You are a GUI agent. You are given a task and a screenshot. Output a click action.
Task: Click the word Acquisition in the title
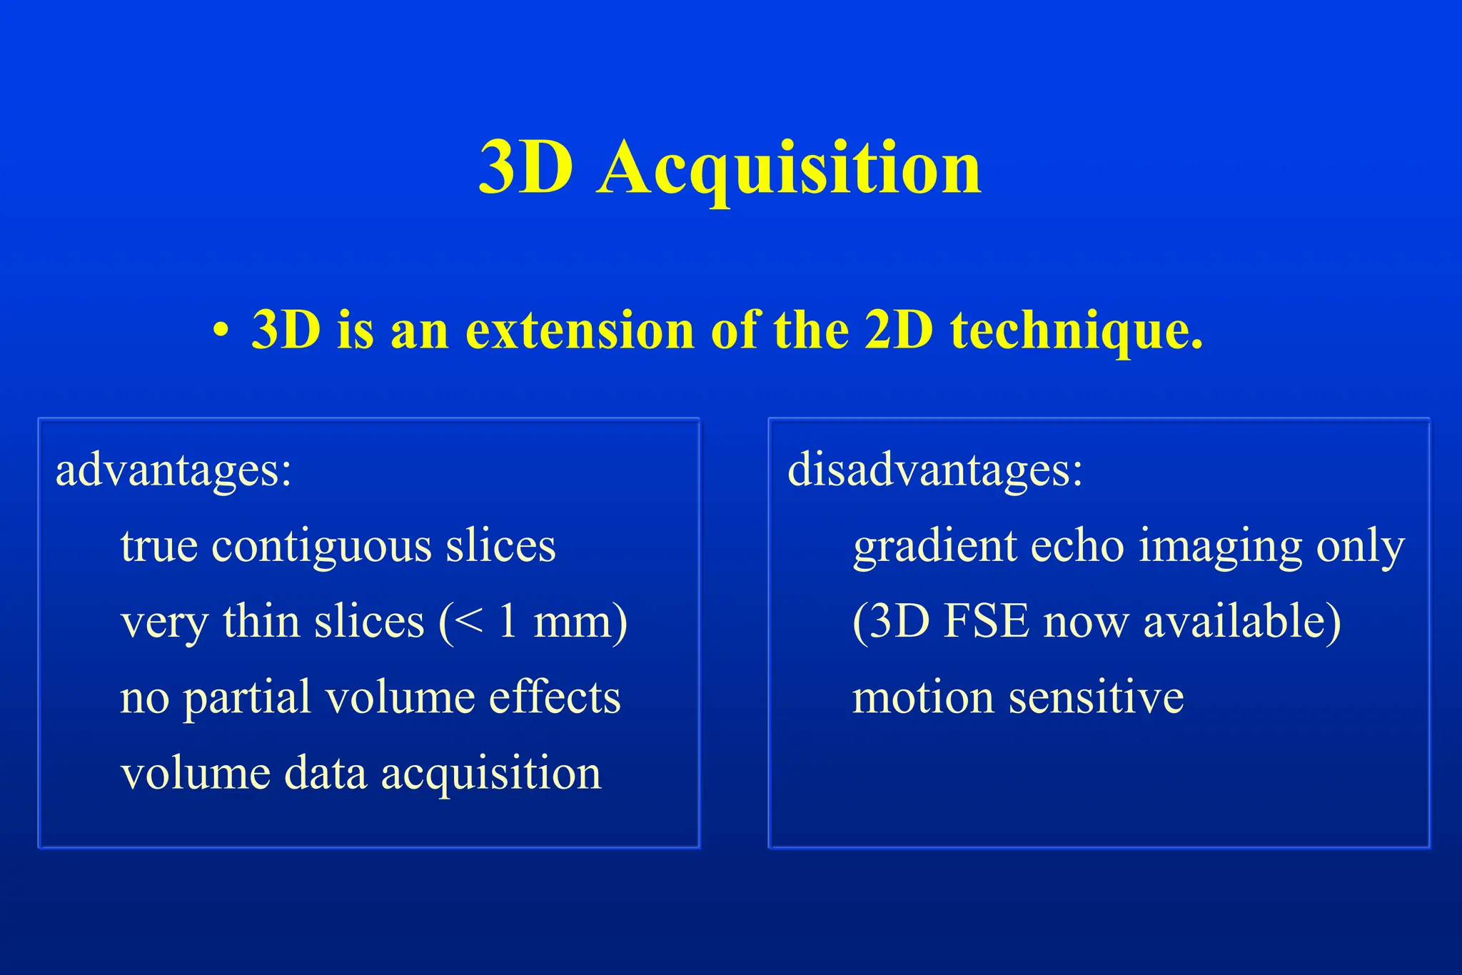click(x=789, y=168)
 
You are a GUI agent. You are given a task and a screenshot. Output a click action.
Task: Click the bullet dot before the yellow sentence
click(x=221, y=331)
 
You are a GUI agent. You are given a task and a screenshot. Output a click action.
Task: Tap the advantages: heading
click(x=174, y=470)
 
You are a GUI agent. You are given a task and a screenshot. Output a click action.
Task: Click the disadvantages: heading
click(x=935, y=470)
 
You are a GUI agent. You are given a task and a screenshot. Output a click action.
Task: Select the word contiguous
click(x=322, y=547)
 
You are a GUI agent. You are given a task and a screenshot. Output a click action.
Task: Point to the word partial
click(x=247, y=698)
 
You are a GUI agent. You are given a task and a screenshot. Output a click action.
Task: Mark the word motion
click(x=922, y=697)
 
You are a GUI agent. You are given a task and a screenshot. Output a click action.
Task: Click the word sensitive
click(x=1096, y=697)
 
